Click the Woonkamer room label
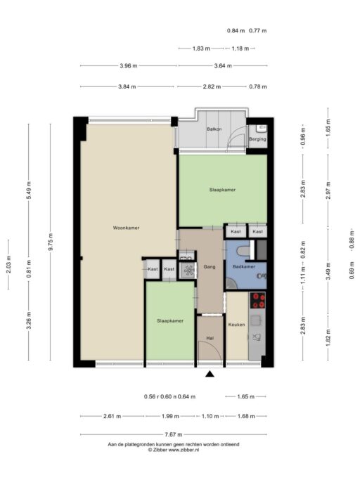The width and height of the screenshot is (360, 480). (x=126, y=228)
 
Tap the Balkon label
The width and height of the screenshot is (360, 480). (x=214, y=129)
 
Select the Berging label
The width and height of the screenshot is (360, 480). (x=257, y=139)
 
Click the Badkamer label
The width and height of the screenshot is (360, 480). (x=244, y=266)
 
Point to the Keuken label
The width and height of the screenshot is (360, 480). (x=236, y=325)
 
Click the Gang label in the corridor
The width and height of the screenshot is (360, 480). (x=210, y=266)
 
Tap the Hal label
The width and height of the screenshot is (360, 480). (x=210, y=338)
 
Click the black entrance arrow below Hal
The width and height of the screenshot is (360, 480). (x=210, y=374)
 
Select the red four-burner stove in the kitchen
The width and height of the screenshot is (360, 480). (x=257, y=300)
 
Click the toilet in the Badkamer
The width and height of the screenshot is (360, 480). (x=244, y=251)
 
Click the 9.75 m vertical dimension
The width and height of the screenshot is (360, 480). (x=51, y=242)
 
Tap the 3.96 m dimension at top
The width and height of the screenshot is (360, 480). (x=129, y=65)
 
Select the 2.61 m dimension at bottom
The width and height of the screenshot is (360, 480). (x=112, y=416)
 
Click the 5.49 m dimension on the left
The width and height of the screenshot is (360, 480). (x=29, y=190)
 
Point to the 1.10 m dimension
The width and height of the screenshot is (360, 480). (x=210, y=416)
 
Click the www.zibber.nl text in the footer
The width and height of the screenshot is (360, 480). (x=184, y=450)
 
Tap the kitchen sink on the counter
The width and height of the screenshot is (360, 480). (x=255, y=320)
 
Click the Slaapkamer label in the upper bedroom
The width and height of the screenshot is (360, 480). (x=222, y=190)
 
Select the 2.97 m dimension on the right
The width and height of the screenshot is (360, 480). (x=328, y=190)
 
